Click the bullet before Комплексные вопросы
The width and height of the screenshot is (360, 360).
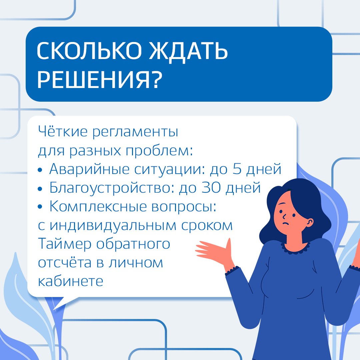40,207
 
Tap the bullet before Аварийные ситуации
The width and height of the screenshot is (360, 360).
40,170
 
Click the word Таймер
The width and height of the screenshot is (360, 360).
65,243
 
